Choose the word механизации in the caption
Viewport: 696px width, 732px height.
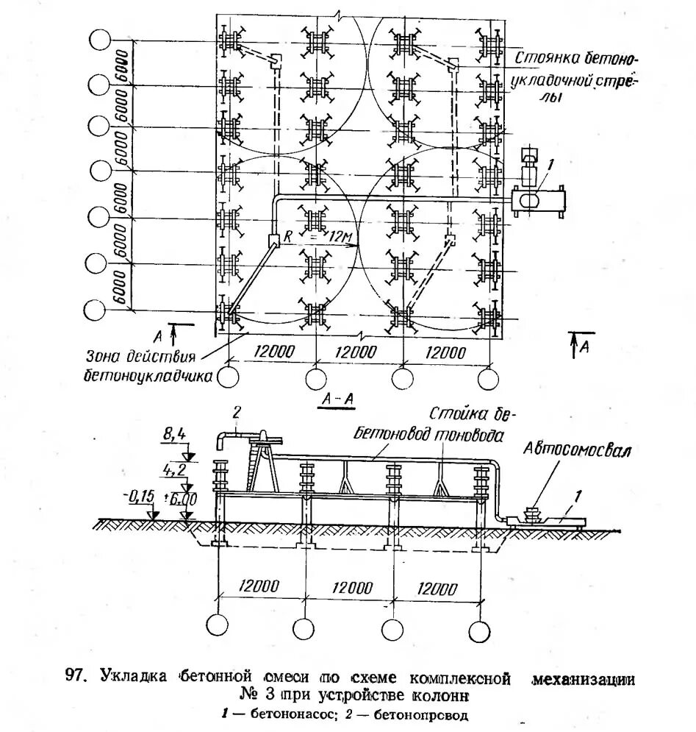(x=584, y=678)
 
